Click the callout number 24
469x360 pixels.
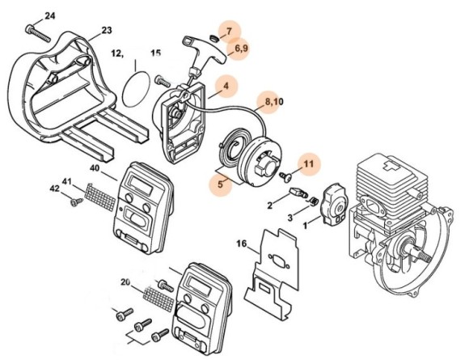50,15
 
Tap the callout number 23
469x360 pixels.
107,32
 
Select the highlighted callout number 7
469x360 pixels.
229,32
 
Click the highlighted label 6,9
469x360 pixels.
241,50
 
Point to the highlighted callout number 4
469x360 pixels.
226,85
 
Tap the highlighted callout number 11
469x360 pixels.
307,164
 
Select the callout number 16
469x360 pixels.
242,243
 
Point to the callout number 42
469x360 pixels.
56,191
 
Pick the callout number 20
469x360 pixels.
125,282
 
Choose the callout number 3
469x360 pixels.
289,217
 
